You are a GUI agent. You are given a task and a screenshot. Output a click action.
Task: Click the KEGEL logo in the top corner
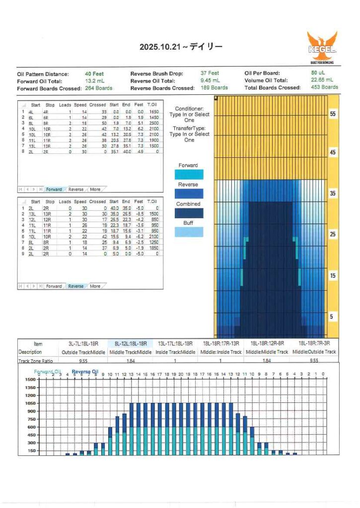tap(322, 48)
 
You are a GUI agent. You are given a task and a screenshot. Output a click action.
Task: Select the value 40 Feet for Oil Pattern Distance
tap(95, 74)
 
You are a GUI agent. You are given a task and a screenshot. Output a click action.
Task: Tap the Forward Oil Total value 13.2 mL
tap(95, 81)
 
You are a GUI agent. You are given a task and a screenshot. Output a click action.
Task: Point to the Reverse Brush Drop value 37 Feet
tap(210, 73)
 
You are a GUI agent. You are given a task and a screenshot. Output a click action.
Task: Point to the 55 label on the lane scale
tap(333, 114)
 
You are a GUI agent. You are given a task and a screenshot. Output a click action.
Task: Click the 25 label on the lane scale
tap(333, 234)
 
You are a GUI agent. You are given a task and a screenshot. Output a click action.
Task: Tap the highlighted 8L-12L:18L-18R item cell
tap(131, 343)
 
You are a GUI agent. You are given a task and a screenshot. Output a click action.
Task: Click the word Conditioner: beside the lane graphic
tap(189, 109)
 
